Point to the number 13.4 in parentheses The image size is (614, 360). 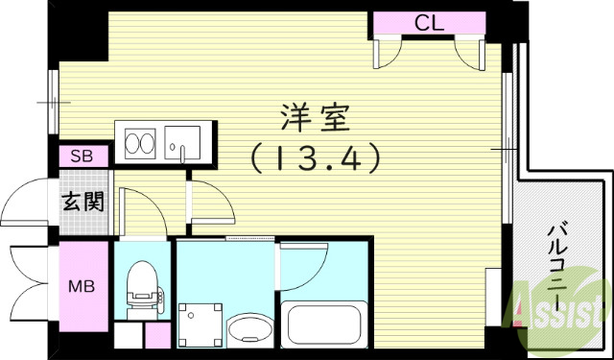[x=317, y=156]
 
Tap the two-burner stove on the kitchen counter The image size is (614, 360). [x=139, y=144]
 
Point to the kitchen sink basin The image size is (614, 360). [x=180, y=144]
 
